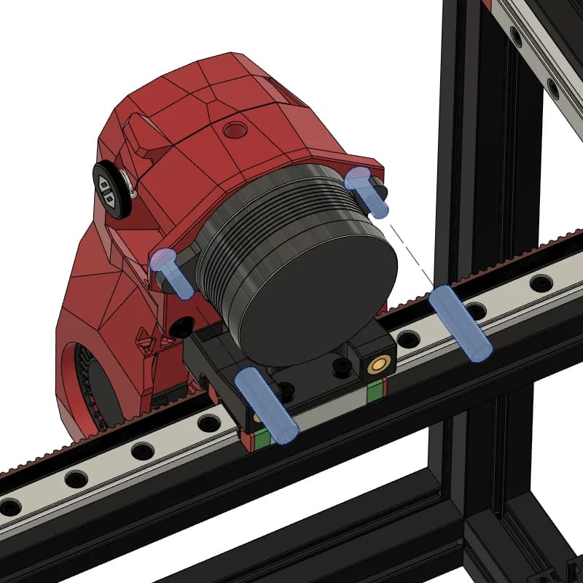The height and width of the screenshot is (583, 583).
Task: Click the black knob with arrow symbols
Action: tap(111, 189)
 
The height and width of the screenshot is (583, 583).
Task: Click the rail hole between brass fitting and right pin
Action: tap(409, 339)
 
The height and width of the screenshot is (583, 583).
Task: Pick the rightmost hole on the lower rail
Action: tap(541, 282)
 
